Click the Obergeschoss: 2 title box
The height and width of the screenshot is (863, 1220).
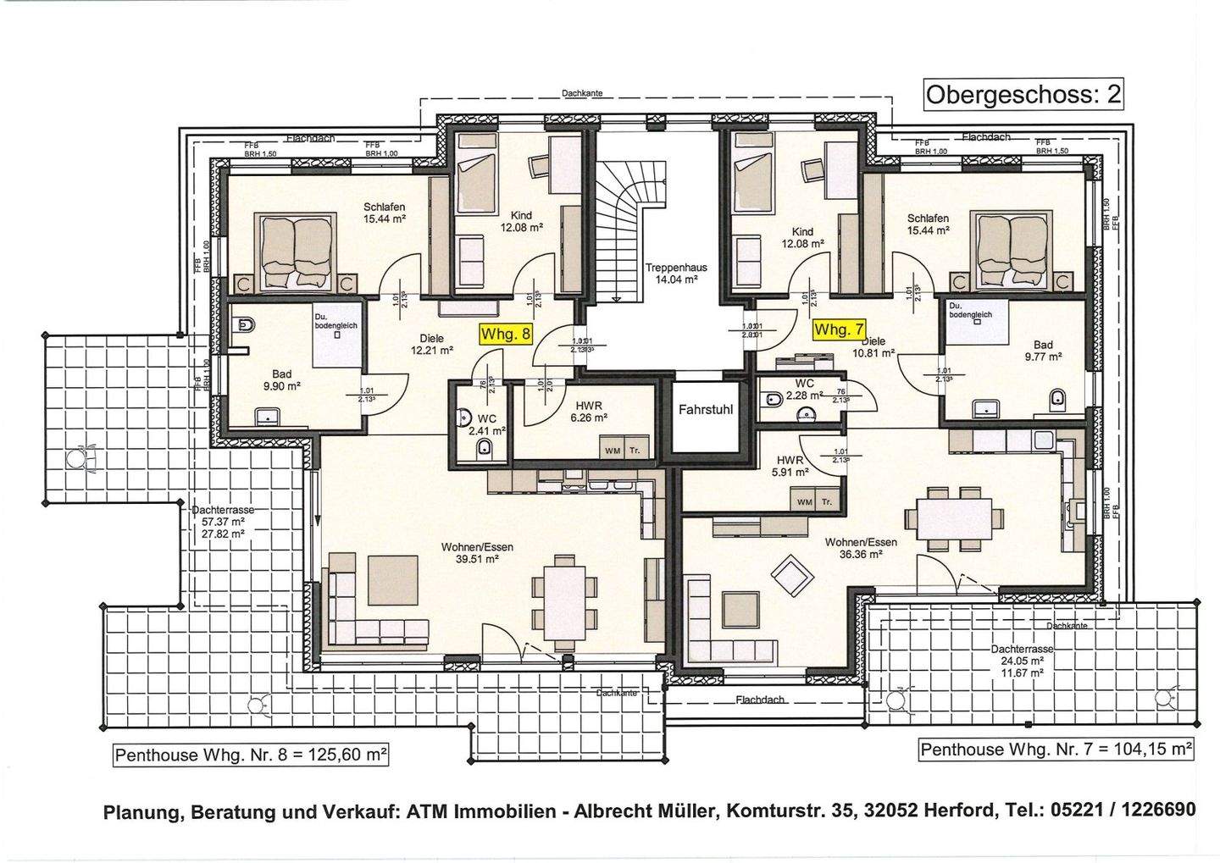click(1023, 94)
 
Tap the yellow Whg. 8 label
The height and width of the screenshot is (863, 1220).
click(506, 334)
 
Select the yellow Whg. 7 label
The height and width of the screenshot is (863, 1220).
click(839, 329)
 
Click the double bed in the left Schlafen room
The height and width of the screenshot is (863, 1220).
click(301, 252)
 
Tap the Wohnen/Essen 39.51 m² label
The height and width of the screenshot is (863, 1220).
click(477, 552)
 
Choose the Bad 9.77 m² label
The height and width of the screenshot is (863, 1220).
click(1042, 351)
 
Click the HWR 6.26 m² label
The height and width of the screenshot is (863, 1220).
click(588, 411)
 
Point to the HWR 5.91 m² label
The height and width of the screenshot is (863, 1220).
click(790, 467)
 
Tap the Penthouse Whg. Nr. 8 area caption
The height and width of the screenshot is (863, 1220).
click(252, 754)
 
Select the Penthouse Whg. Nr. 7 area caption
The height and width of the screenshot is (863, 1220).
click(1056, 749)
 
